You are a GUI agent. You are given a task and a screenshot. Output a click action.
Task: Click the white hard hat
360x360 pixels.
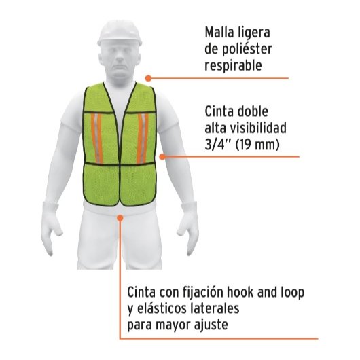point(120,33)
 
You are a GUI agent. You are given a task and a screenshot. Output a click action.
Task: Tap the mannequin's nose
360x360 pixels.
point(120,58)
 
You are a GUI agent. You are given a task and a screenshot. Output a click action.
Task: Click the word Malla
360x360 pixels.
point(219,33)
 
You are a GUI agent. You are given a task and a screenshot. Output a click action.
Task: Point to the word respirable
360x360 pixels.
point(233,66)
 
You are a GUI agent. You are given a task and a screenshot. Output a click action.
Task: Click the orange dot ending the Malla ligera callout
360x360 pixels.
point(149,78)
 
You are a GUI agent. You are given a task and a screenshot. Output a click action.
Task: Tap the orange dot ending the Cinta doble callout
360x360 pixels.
point(162,157)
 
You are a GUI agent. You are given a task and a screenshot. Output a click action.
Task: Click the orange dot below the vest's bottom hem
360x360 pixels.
point(120,217)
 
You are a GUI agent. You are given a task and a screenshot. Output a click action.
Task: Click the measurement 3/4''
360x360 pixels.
point(217,145)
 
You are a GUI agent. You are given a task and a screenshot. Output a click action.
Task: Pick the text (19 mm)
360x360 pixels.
point(257,145)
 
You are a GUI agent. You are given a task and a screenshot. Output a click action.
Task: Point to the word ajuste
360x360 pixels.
point(211,325)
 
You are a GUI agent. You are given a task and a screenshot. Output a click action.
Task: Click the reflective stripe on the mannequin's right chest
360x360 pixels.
point(96,139)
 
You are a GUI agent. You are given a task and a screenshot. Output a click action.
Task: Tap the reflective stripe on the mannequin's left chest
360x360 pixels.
point(143,139)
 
